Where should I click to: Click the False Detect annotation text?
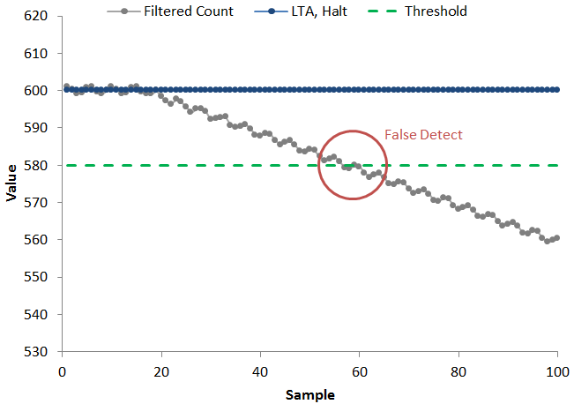(423, 135)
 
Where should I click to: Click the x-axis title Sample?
(309, 394)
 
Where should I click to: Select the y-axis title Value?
(11, 184)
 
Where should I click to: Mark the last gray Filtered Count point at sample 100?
(557, 238)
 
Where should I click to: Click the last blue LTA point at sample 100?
(557, 89)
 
